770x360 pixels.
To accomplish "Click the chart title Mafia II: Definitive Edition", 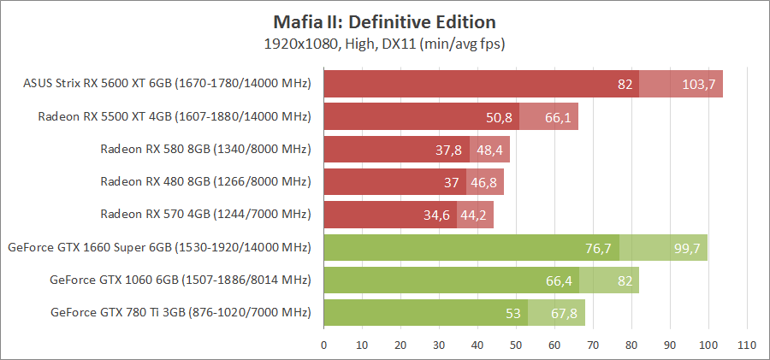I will (x=384, y=21).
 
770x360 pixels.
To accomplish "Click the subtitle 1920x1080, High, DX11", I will (x=384, y=43).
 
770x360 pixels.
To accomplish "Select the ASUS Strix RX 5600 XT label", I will (x=167, y=84).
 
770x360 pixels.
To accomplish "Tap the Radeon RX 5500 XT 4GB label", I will (x=175, y=116).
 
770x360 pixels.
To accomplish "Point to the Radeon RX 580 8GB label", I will (x=205, y=149).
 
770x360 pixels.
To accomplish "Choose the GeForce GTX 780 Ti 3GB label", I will (x=181, y=311).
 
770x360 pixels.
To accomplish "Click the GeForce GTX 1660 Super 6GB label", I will (x=159, y=247).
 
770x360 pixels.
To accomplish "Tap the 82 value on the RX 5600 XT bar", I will (x=625, y=84).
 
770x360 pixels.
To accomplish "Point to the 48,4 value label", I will (x=489, y=149).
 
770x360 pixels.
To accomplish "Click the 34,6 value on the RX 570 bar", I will (x=436, y=214).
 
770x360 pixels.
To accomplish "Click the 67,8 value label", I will (x=565, y=312).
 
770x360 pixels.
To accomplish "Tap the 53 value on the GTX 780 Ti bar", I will (x=513, y=312).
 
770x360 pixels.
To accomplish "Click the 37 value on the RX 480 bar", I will (x=452, y=181).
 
